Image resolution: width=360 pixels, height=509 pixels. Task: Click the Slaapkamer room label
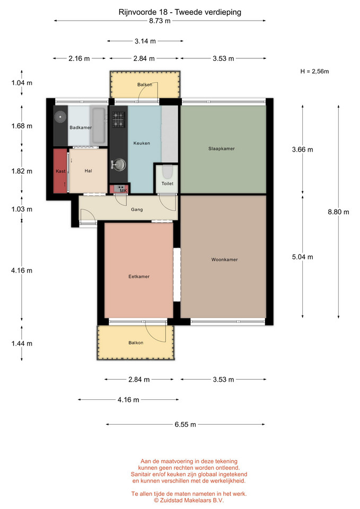click(x=222, y=148)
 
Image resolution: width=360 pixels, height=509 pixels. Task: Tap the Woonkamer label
click(x=224, y=260)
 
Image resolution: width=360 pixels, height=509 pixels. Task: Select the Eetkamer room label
click(x=139, y=277)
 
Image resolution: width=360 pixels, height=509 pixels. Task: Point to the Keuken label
click(x=142, y=143)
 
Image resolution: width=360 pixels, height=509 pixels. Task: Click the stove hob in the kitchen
click(x=118, y=119)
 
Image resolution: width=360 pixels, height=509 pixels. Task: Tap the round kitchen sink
click(x=119, y=164)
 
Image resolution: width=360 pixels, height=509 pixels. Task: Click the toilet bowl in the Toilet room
click(x=167, y=172)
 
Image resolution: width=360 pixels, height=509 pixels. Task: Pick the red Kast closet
click(x=60, y=171)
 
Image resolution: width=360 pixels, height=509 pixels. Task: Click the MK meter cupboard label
click(x=124, y=190)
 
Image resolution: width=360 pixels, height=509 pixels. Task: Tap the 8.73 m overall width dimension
click(x=160, y=21)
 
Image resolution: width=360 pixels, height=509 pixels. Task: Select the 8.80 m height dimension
click(x=338, y=212)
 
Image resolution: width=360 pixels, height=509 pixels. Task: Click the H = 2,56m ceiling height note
click(x=314, y=72)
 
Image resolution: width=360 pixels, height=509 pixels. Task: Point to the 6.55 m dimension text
click(x=186, y=425)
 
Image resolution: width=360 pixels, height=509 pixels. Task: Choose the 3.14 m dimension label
click(x=145, y=41)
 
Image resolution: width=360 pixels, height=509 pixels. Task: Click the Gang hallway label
click(x=137, y=210)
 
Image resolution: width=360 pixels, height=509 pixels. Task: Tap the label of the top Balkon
click(x=144, y=85)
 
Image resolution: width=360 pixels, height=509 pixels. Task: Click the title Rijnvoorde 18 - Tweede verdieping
click(x=180, y=12)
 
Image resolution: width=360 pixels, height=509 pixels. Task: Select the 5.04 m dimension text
click(x=303, y=257)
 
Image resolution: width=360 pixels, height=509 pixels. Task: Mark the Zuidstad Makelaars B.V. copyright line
click(x=189, y=500)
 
